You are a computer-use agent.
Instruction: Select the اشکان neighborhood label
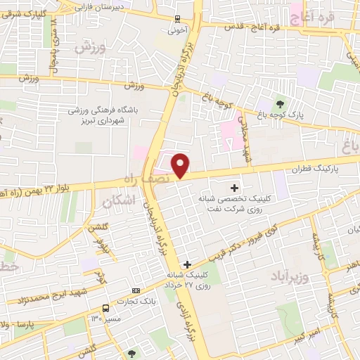(x=116, y=202)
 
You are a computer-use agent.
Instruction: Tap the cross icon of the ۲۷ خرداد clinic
(x=186, y=264)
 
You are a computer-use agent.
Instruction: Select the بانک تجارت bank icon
(x=135, y=290)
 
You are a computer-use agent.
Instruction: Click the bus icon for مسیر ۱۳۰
(x=105, y=308)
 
